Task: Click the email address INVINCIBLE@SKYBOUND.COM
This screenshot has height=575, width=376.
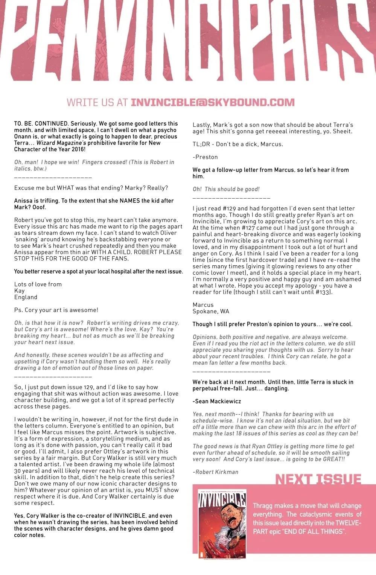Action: pos(212,102)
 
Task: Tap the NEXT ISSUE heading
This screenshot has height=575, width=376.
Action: pos(318,479)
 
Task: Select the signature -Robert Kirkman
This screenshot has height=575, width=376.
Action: pos(215,472)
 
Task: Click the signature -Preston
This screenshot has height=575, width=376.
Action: pos(205,157)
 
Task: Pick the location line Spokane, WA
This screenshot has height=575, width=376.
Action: pos(211,311)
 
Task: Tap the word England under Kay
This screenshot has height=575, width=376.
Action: pos(26,297)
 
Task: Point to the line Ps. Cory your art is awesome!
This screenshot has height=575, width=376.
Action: pos(56,310)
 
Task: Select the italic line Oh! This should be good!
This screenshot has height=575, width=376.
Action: pos(226,189)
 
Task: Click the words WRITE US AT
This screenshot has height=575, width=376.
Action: pos(97,102)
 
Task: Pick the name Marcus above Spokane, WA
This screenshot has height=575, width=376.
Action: pos(203,305)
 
